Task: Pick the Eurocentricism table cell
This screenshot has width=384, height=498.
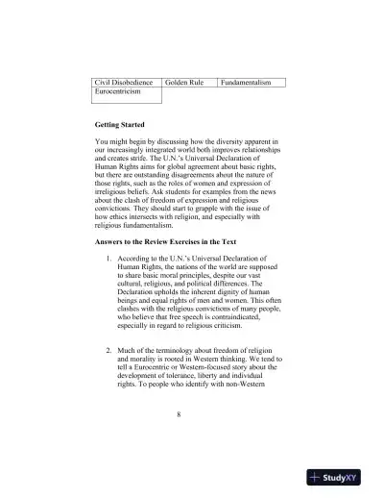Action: (x=118, y=92)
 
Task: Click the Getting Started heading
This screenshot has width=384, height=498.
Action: (x=120, y=126)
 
